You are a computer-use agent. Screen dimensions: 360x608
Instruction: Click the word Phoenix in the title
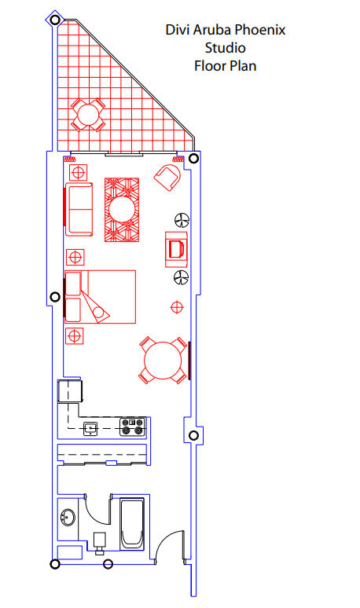point(260,30)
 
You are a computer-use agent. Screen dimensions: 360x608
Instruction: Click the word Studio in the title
point(225,48)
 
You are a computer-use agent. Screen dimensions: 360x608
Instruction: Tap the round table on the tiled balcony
point(88,115)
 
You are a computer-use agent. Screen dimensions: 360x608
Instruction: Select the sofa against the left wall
point(79,209)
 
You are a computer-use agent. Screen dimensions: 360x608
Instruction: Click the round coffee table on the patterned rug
point(122,210)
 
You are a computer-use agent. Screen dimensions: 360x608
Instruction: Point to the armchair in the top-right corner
point(168,177)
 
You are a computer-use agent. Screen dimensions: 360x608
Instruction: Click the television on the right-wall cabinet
point(176,248)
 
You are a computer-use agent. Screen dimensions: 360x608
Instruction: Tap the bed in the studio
point(100,297)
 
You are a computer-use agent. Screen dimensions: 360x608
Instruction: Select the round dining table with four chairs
point(163,361)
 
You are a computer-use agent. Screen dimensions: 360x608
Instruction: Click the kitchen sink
point(90,428)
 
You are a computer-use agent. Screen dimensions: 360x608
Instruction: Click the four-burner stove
point(133,427)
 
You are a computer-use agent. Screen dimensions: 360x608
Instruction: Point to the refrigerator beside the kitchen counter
point(70,391)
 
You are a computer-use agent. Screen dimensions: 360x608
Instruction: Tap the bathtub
point(132,524)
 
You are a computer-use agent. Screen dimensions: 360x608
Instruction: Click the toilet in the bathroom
point(100,542)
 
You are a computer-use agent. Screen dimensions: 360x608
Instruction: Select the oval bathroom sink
point(68,517)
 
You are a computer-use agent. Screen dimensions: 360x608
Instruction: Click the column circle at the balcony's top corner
point(55,20)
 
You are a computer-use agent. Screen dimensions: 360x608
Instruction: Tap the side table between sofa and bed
point(75,257)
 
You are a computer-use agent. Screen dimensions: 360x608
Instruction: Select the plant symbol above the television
point(182,220)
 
